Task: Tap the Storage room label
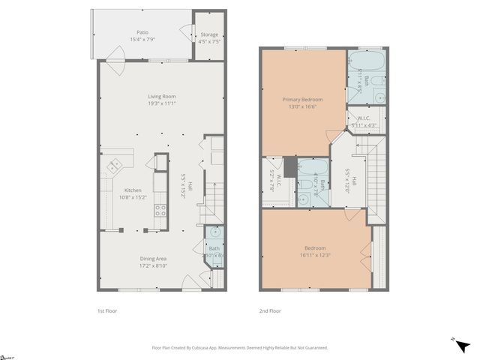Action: click(209, 34)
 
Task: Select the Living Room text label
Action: click(160, 96)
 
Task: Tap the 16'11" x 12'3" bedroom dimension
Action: click(314, 255)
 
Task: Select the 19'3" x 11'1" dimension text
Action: click(160, 103)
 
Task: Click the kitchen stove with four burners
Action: click(160, 210)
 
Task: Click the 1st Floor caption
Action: click(107, 310)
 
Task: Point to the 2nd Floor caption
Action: click(271, 310)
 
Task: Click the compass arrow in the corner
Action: click(463, 346)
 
